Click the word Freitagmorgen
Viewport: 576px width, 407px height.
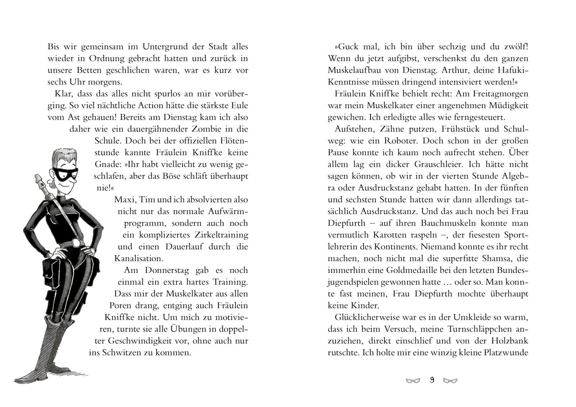(x=499, y=94)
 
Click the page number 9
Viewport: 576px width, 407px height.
(x=432, y=380)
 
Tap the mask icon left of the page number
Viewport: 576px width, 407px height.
(x=413, y=381)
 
